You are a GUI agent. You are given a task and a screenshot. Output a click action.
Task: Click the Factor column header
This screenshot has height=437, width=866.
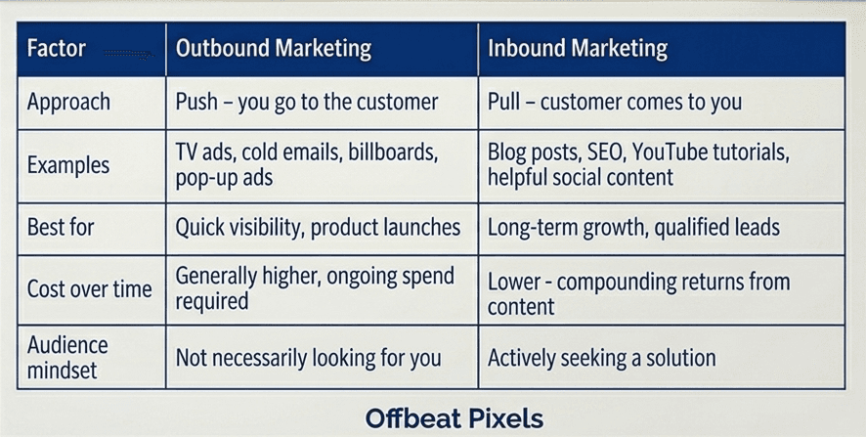[57, 48]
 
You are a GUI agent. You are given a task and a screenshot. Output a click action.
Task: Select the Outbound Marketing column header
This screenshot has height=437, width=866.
[274, 49]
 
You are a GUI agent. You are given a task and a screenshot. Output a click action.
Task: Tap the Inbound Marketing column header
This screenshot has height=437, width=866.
[577, 49]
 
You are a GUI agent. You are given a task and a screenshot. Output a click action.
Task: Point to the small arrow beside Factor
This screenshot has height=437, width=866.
[128, 54]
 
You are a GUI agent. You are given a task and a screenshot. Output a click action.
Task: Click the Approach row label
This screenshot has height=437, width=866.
[68, 103]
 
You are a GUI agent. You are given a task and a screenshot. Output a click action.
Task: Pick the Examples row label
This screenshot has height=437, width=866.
[68, 165]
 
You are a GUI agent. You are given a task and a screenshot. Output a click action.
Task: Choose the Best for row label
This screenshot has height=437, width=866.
[61, 227]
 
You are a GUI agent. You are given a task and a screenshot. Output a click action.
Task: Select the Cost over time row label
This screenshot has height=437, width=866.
[90, 289]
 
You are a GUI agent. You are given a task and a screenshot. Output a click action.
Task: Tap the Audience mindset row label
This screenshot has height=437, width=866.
[67, 358]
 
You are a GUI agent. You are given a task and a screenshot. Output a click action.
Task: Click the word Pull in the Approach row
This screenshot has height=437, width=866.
[503, 102]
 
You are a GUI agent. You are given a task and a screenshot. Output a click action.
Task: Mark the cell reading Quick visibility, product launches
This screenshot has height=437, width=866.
[318, 227]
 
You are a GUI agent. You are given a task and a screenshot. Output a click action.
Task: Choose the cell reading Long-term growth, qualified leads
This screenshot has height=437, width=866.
[633, 227]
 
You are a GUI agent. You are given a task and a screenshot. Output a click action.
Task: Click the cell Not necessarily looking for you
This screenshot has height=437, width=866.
[308, 358]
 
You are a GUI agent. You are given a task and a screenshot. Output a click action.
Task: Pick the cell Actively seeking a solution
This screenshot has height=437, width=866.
[601, 358]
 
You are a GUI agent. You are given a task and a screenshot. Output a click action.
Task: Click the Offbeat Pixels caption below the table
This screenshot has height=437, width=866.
[454, 418]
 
